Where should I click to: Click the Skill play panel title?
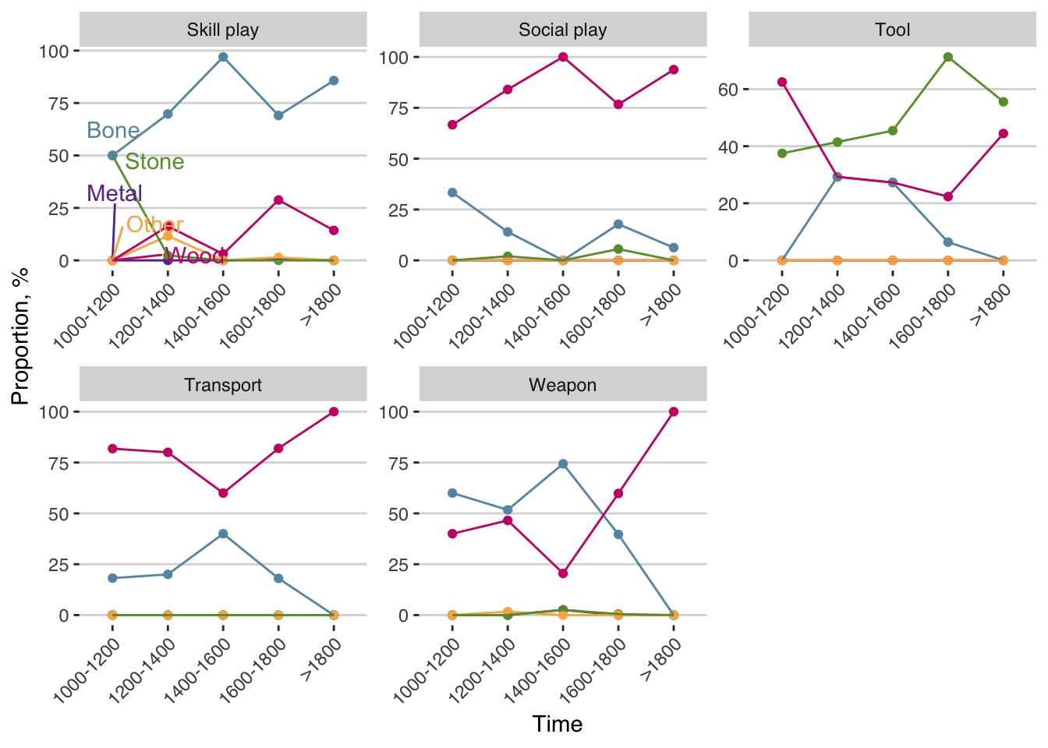[x=223, y=30]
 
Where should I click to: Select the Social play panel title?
[x=562, y=30]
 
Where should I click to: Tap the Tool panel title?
[x=892, y=30]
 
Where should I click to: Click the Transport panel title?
[x=223, y=385]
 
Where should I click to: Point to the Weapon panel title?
[x=562, y=385]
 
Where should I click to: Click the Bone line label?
[x=113, y=130]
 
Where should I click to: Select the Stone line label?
[x=154, y=161]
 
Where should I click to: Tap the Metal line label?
[x=115, y=193]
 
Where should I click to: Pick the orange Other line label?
[x=154, y=224]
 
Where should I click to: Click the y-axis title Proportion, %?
[x=20, y=336]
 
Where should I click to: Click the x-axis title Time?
[x=558, y=724]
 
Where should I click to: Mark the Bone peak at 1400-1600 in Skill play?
[x=223, y=57]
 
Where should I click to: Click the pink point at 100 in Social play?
[x=563, y=57]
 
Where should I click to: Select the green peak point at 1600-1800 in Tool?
[x=948, y=57]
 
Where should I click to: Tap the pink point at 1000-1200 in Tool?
[x=782, y=82]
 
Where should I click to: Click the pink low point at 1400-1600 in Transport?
[x=223, y=493]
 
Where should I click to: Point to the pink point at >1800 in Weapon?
[x=674, y=411]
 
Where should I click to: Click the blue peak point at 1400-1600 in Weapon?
[x=563, y=464]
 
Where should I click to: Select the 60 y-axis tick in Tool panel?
[x=728, y=90]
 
